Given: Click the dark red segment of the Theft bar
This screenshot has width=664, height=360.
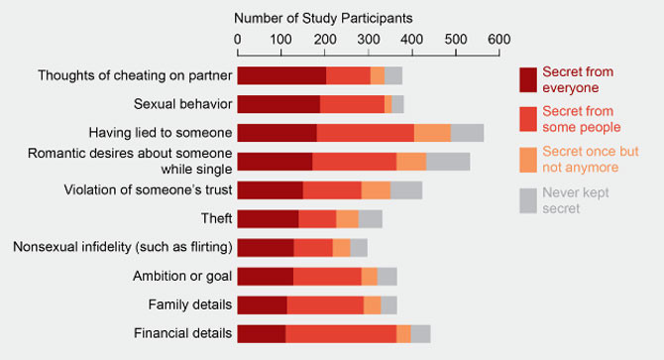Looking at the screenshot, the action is [268, 219].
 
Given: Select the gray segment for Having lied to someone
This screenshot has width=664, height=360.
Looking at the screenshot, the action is [467, 133].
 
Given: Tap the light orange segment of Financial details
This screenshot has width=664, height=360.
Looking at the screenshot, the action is [403, 334].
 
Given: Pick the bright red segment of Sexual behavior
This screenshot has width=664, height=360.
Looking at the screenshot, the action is [352, 104].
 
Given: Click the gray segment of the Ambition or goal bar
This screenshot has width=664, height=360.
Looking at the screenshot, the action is [387, 277].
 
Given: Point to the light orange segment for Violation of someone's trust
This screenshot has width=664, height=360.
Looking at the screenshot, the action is [376, 190].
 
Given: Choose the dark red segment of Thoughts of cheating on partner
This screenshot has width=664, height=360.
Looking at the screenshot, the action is [281, 75].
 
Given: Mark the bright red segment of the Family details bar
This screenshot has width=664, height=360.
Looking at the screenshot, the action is [325, 305].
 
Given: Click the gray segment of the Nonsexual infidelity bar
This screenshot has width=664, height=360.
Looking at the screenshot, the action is [359, 248].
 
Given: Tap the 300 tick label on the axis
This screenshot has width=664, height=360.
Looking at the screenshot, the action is [369, 40].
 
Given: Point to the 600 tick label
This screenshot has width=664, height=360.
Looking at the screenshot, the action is [499, 40].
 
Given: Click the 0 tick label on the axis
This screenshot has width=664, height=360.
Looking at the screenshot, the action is [238, 40].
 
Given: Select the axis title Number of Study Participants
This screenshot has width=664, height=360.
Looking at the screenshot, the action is [323, 18].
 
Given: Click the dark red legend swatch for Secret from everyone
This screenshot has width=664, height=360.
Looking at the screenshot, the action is [528, 79].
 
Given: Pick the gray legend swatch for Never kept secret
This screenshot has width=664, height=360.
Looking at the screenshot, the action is [528, 200].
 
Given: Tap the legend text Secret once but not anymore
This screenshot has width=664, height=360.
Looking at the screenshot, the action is [591, 160].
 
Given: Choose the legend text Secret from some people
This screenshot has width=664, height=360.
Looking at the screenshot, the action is [582, 119].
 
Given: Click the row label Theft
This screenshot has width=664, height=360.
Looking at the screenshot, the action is [216, 218].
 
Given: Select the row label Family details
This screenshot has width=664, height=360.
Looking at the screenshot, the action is [189, 304].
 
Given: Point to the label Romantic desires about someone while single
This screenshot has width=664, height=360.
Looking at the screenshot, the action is [130, 161].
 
